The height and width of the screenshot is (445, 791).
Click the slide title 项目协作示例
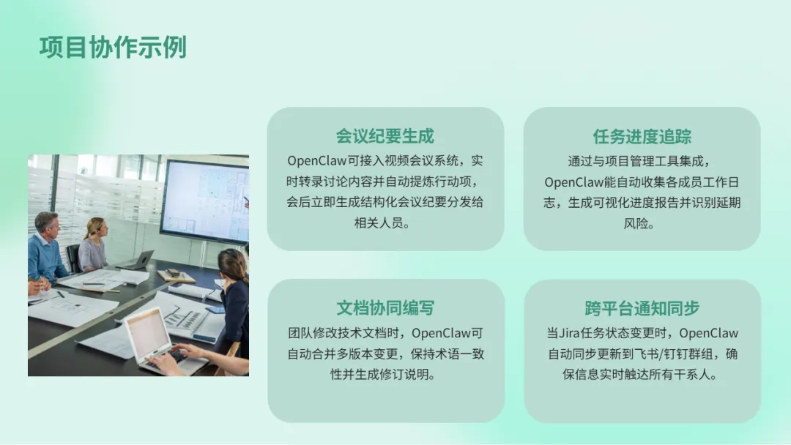tap(113, 48)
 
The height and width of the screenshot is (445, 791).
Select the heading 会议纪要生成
tap(385, 136)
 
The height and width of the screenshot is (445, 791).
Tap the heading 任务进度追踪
tap(642, 137)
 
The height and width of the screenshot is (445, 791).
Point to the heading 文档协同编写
tap(385, 308)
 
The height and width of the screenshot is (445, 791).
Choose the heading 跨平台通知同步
tap(642, 308)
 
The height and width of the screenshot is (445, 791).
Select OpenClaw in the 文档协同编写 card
tap(441, 333)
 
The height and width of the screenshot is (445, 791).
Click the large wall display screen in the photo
tap(204, 201)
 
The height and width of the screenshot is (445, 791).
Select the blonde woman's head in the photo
tap(97, 228)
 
